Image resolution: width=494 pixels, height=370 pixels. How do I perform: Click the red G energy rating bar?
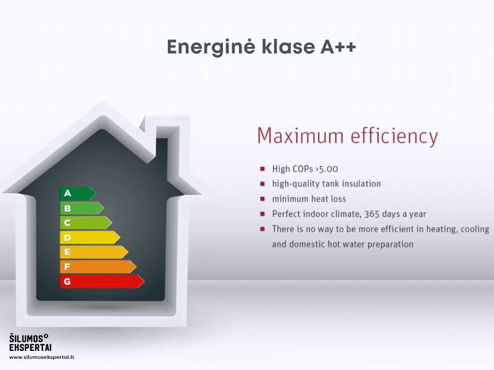pos(102,282)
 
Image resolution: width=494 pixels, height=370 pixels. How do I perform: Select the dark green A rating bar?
pos(78,193)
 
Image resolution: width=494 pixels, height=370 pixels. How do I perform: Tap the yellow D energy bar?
pos(90,237)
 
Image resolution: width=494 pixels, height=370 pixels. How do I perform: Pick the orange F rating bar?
pos(98,267)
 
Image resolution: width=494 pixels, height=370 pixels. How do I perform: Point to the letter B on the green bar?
pos(67,208)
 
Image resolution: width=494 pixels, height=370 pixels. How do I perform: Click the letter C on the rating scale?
pos(67,223)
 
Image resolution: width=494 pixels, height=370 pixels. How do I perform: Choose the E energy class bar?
pos(94,252)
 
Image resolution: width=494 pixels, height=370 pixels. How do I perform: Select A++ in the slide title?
pos(338,47)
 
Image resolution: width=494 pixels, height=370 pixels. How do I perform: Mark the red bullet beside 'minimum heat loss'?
pos(262,199)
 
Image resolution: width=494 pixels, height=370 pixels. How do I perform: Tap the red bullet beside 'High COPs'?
pos(262,169)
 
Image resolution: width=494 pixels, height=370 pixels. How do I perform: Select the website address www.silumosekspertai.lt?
pos(41,358)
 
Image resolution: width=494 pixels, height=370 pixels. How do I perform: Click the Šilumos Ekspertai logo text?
pos(30,343)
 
